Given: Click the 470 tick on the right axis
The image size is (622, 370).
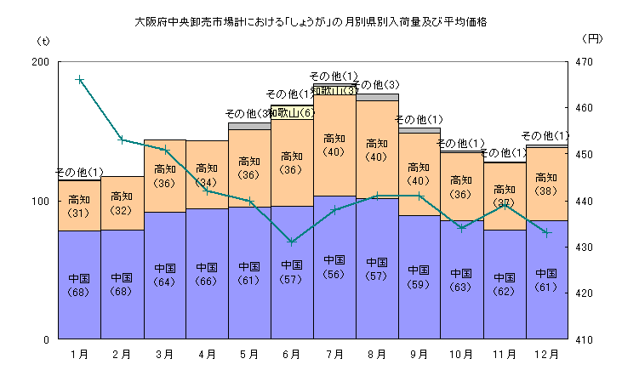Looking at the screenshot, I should (583, 62).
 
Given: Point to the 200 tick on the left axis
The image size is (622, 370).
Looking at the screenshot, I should (39, 62).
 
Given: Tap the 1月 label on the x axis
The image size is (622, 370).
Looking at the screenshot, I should (79, 352).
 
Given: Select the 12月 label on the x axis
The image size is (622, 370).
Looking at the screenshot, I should (546, 352).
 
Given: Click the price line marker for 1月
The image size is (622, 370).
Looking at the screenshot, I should (79, 79).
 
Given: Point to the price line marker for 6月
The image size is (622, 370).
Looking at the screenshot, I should (292, 242).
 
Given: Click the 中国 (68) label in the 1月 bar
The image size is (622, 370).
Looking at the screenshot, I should (79, 286).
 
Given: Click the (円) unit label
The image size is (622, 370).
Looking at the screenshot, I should (593, 39).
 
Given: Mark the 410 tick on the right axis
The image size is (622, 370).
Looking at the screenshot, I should (583, 339).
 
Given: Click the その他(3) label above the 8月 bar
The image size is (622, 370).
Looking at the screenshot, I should (376, 85).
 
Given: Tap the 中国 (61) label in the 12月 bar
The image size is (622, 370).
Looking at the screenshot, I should (546, 281).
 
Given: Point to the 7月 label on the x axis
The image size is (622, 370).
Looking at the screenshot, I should (334, 352).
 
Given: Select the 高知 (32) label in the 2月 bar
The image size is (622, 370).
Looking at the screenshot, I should (122, 203).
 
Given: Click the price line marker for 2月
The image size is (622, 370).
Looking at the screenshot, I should (122, 139).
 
